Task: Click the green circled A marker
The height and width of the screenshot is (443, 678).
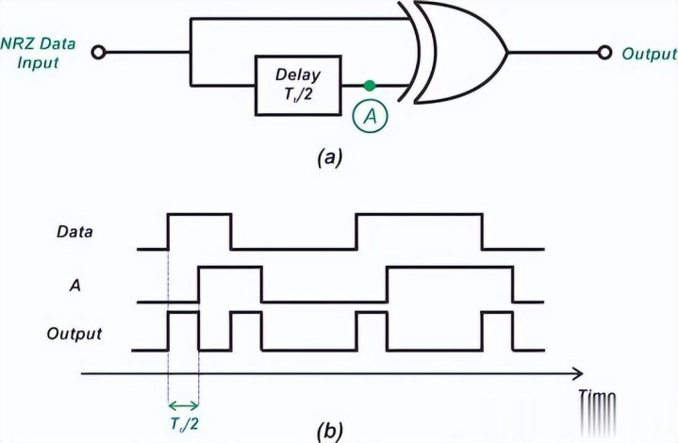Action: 370,115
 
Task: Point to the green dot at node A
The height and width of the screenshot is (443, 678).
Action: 370,84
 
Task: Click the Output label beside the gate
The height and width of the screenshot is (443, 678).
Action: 648,54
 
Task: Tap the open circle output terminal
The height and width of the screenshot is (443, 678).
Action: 603,54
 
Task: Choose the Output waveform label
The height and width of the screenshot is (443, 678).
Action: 75,333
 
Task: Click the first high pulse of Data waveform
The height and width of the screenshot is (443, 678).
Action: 199,217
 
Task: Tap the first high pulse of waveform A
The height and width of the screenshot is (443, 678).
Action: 230,270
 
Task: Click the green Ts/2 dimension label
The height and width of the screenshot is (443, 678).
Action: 183,422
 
